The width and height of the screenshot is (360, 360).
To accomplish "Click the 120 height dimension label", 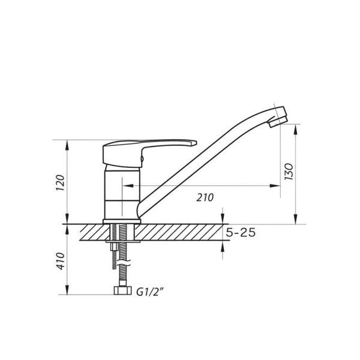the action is click(61, 182).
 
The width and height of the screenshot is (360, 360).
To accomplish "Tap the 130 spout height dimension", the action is click(289, 172).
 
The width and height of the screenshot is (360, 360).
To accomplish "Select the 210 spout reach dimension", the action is click(205, 197).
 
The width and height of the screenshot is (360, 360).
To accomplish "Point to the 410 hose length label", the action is click(61, 261).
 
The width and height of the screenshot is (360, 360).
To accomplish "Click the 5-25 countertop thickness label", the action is click(241, 233).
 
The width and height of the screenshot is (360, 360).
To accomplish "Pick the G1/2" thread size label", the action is click(150, 292).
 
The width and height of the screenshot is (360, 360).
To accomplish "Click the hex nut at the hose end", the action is click(122, 290).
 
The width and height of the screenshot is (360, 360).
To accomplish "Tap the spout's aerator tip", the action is click(278, 121).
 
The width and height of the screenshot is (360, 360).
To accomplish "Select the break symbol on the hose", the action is click(124, 263).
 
